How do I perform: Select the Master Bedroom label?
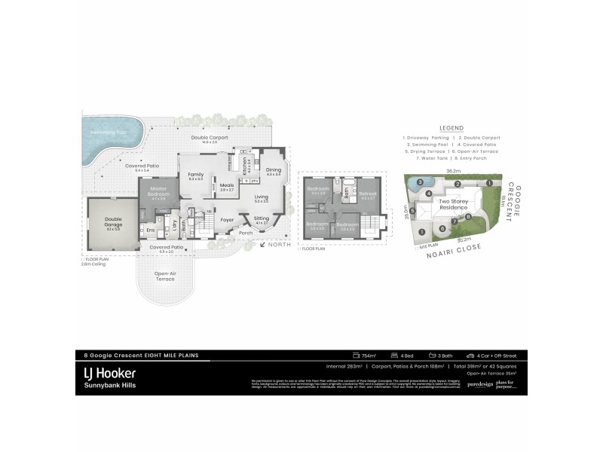pos(158,191)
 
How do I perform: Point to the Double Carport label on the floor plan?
pos(209,139)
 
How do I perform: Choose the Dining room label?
pos(273,170)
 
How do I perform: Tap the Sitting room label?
pos(262,218)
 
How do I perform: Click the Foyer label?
pos(227,221)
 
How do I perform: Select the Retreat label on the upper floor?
pos(368,194)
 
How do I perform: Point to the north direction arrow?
pos(263,243)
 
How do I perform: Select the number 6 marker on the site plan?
pos(412,210)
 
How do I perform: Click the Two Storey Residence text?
pos(455,203)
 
